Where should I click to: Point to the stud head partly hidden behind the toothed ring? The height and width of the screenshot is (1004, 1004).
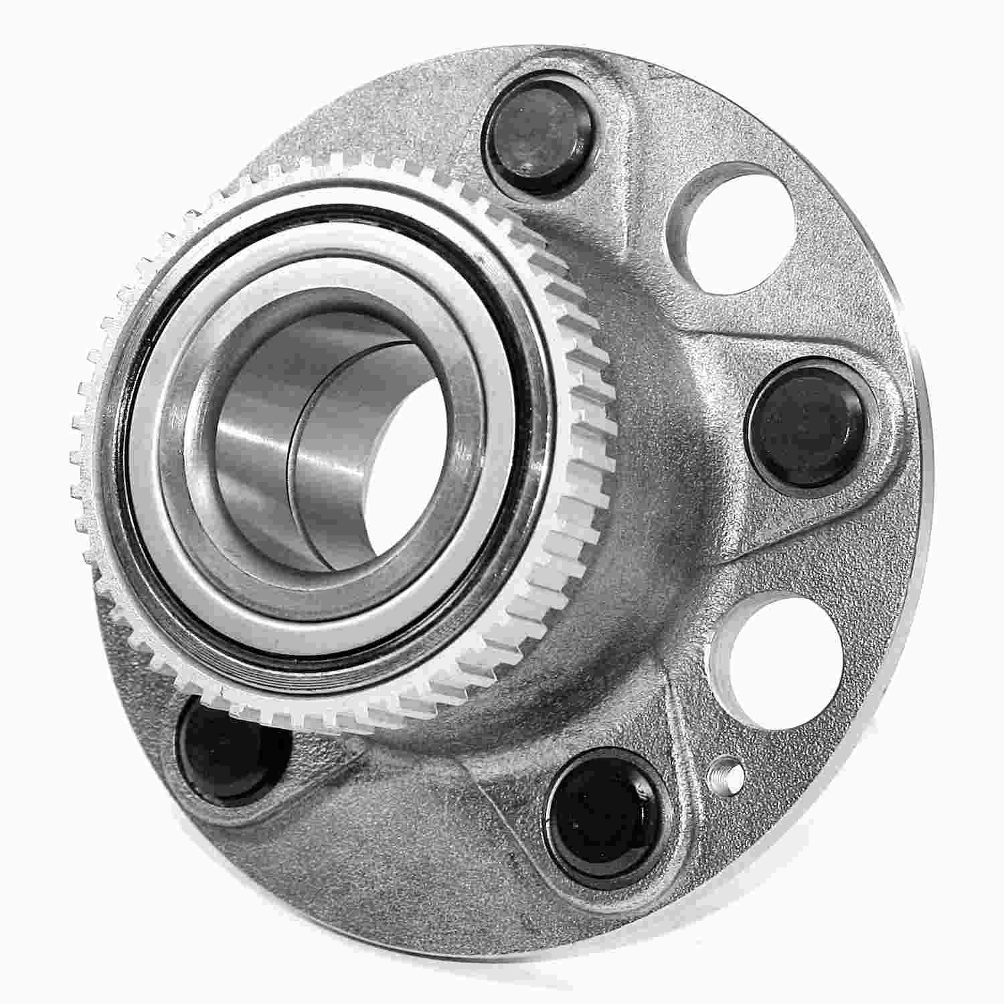click(x=221, y=750)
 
